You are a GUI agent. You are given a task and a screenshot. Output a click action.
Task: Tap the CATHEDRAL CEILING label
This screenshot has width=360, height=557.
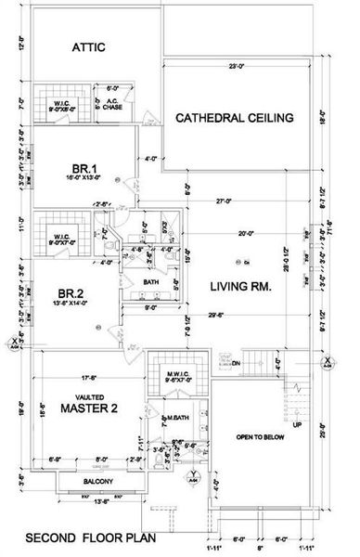click(234, 118)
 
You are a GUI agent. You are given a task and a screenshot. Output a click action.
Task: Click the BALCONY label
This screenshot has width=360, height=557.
click(95, 481)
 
